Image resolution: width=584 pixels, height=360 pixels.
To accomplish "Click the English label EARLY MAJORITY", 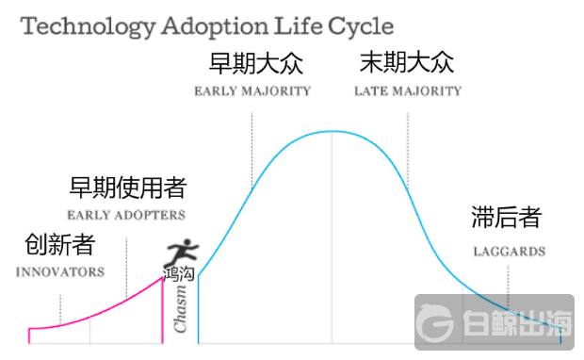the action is click(x=252, y=91).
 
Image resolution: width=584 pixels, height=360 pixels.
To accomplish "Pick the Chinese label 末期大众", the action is click(x=407, y=64).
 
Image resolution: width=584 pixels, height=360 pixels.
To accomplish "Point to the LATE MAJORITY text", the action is click(x=408, y=91).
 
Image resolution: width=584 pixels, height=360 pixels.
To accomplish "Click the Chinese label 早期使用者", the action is click(x=128, y=188).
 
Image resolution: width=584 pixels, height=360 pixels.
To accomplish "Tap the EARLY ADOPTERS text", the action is click(x=126, y=215).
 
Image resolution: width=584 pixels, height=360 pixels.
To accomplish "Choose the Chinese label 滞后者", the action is click(x=507, y=219).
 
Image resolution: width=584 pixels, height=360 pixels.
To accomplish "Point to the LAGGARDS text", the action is click(x=510, y=252).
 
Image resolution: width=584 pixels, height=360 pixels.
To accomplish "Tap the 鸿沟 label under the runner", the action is click(x=179, y=275).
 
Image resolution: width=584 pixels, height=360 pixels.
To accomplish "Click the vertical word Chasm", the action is click(x=181, y=311).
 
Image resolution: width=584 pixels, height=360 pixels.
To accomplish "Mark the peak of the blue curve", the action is click(x=331, y=131).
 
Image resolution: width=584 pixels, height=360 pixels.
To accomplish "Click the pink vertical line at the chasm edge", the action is click(x=162, y=306).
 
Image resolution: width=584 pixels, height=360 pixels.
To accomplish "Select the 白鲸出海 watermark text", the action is click(x=516, y=325).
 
